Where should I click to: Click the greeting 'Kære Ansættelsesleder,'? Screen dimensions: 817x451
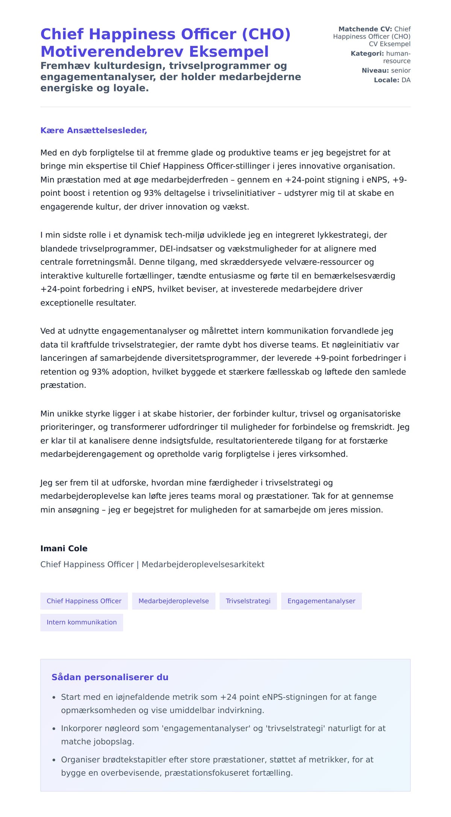94,130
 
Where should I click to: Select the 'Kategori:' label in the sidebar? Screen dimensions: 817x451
367,53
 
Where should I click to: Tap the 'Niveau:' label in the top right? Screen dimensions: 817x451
375,70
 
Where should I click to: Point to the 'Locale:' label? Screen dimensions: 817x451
386,80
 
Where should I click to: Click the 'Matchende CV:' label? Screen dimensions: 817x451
365,29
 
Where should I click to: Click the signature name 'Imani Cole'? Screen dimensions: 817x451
64,548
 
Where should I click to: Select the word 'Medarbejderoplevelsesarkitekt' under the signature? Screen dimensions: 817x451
203,564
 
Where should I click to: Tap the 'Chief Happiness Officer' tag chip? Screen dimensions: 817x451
84,601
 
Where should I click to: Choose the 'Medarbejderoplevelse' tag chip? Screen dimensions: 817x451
173,601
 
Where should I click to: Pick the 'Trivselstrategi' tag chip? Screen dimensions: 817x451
248,601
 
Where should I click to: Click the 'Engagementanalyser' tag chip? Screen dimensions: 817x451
321,601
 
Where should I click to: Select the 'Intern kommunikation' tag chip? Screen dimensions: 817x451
82,622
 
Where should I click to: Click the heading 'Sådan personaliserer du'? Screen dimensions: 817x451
110,677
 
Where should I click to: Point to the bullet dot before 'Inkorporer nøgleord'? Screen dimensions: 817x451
54,729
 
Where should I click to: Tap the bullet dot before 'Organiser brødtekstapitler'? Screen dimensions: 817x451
54,760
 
